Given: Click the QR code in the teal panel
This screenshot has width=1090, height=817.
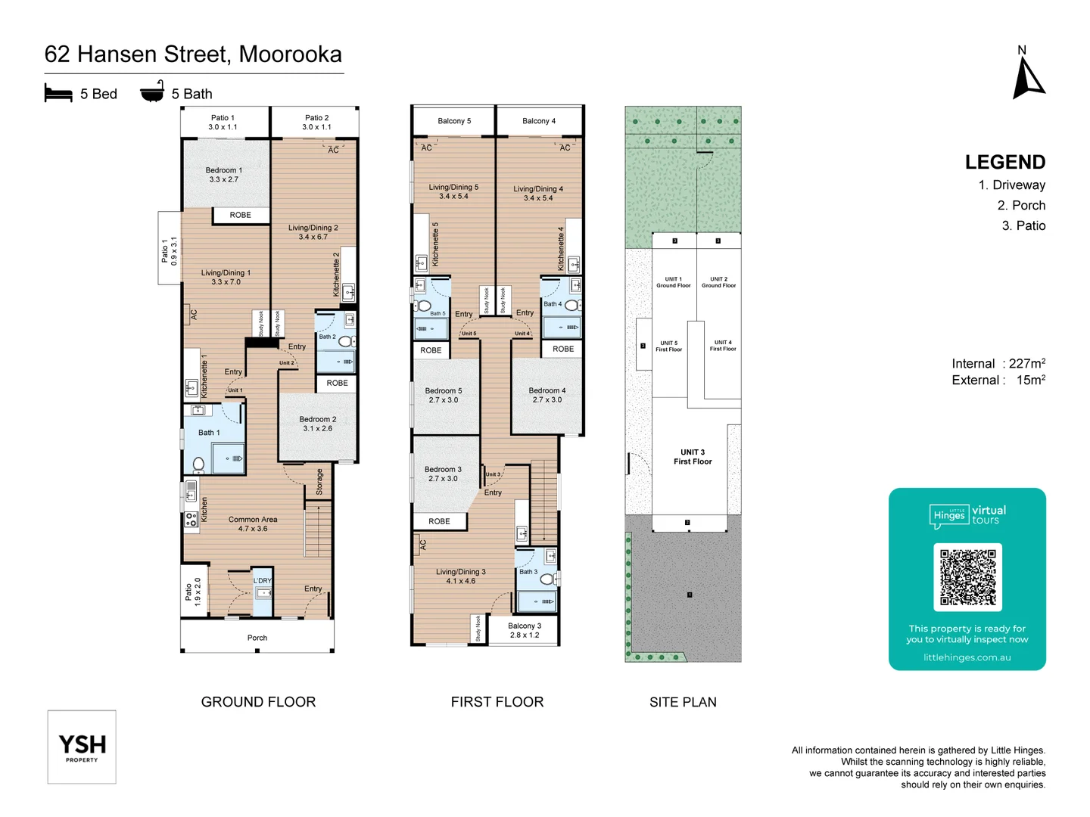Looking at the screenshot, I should tap(967, 577).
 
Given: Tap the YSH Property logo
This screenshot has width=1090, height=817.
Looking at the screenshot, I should tap(82, 747).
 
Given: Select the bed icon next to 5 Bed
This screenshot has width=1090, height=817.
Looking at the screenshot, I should tap(58, 94).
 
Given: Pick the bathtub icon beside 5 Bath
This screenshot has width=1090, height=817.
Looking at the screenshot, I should tap(152, 92).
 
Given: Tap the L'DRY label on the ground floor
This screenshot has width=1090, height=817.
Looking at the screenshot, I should tap(262, 581).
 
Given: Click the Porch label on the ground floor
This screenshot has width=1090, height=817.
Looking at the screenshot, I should tap(257, 638).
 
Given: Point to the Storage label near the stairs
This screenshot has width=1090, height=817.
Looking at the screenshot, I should tap(319, 482).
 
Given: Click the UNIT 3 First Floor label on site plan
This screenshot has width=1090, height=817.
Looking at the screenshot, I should tap(692, 457).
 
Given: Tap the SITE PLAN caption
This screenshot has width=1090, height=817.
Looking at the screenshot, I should tap(683, 702).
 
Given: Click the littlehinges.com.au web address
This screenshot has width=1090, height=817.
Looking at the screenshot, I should tap(967, 657).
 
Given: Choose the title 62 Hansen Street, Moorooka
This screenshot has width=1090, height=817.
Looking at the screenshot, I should tap(193, 54).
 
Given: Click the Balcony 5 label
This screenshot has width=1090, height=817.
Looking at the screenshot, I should tap(454, 121).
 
